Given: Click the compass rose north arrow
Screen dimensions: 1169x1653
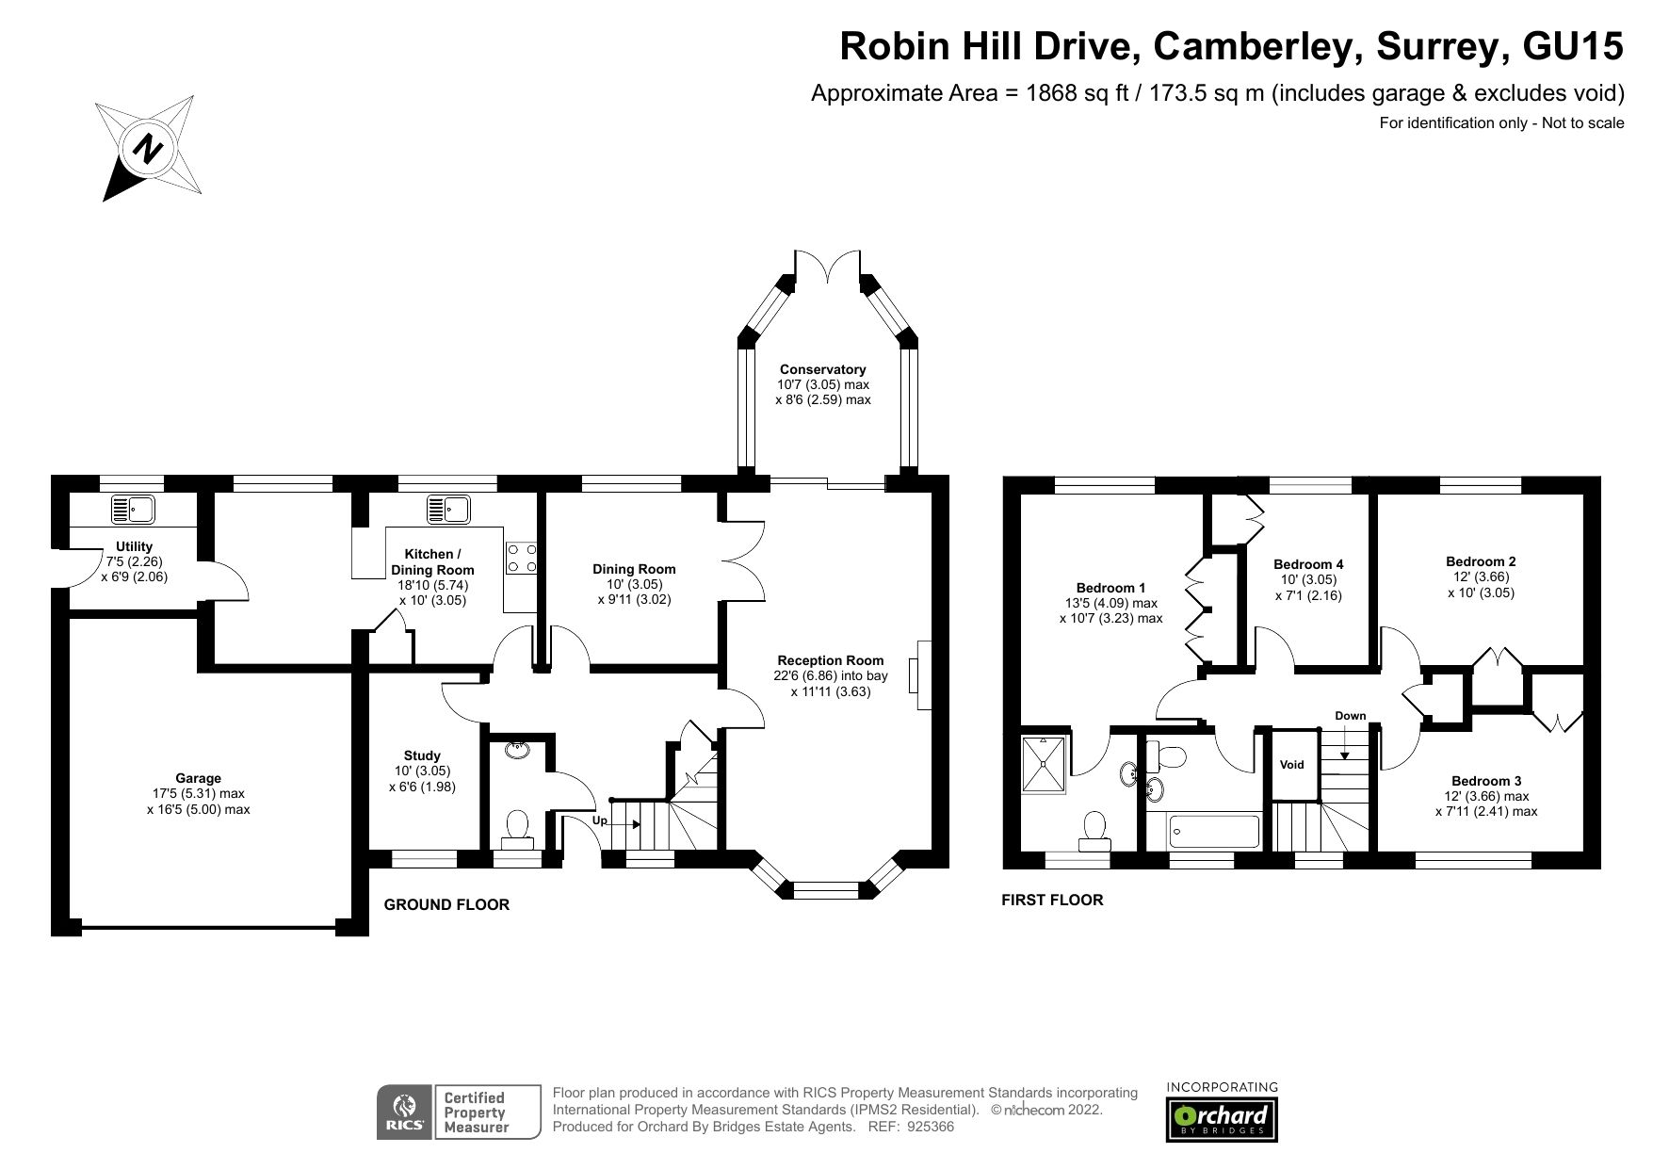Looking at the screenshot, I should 146,149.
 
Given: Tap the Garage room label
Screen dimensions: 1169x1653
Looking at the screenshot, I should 198,779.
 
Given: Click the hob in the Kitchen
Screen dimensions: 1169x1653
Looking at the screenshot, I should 521,557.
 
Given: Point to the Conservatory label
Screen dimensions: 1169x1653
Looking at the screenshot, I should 822,369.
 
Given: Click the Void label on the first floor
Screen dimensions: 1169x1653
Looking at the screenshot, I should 1291,765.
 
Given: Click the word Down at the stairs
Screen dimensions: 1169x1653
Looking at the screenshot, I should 1350,716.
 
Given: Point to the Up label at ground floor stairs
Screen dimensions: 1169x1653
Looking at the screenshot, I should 599,820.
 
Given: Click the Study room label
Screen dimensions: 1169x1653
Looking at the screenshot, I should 422,755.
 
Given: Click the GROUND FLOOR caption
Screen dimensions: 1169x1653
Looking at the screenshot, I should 446,904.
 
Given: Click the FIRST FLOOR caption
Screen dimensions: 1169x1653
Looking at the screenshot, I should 1052,900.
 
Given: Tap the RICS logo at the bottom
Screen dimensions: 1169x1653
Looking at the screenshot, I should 404,1112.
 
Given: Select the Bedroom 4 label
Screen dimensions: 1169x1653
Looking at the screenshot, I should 1307,564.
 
